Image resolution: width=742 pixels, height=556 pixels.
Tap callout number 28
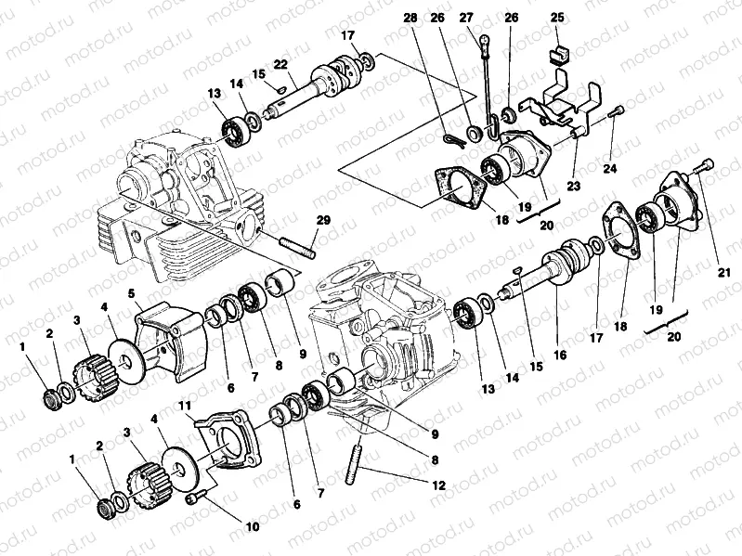click(x=410, y=18)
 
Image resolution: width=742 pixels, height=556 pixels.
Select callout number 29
click(x=322, y=221)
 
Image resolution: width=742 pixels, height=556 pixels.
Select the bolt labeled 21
click(x=705, y=165)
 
